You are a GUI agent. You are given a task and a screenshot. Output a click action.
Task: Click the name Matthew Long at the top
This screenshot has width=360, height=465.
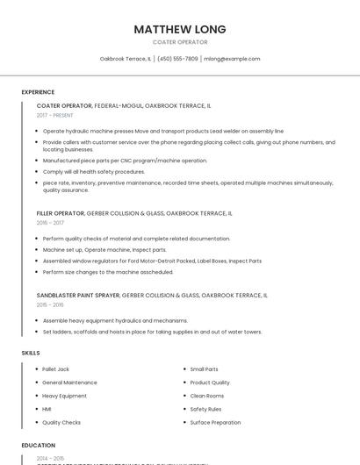(180, 29)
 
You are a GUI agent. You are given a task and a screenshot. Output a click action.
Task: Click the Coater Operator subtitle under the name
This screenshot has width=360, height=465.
(180, 42)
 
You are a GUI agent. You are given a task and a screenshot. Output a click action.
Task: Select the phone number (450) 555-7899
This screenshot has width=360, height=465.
(177, 59)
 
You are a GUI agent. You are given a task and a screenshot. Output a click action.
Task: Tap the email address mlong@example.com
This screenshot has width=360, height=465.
(232, 59)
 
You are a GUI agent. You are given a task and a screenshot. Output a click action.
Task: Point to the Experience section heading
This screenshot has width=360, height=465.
(38, 92)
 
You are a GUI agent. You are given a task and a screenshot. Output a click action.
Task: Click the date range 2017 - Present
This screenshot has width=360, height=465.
(55, 115)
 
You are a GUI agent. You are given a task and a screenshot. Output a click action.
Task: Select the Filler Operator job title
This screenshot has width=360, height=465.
(61, 213)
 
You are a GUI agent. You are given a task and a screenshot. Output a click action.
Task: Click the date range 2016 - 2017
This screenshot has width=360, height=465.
(50, 223)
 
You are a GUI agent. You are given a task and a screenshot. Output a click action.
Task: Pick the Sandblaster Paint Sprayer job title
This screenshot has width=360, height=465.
(78, 296)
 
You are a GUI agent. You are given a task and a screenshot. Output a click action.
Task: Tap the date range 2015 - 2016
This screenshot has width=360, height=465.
(50, 305)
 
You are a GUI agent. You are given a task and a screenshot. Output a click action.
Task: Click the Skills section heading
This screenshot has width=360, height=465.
(31, 353)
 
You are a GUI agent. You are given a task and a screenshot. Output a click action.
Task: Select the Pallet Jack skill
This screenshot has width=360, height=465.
(55, 369)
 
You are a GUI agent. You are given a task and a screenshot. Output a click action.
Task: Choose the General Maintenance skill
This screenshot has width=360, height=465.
(69, 383)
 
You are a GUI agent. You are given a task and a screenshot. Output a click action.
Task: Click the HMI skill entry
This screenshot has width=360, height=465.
(47, 409)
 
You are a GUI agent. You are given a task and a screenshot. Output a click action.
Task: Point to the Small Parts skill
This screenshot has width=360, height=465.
(204, 369)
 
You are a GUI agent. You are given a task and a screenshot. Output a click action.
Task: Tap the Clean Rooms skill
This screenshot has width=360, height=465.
(207, 396)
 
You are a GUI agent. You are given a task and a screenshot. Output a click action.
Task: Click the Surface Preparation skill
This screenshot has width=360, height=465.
(215, 422)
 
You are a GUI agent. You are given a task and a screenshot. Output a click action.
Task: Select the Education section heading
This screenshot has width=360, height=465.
(38, 445)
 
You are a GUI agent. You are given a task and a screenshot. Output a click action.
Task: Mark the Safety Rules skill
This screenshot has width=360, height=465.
(205, 409)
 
